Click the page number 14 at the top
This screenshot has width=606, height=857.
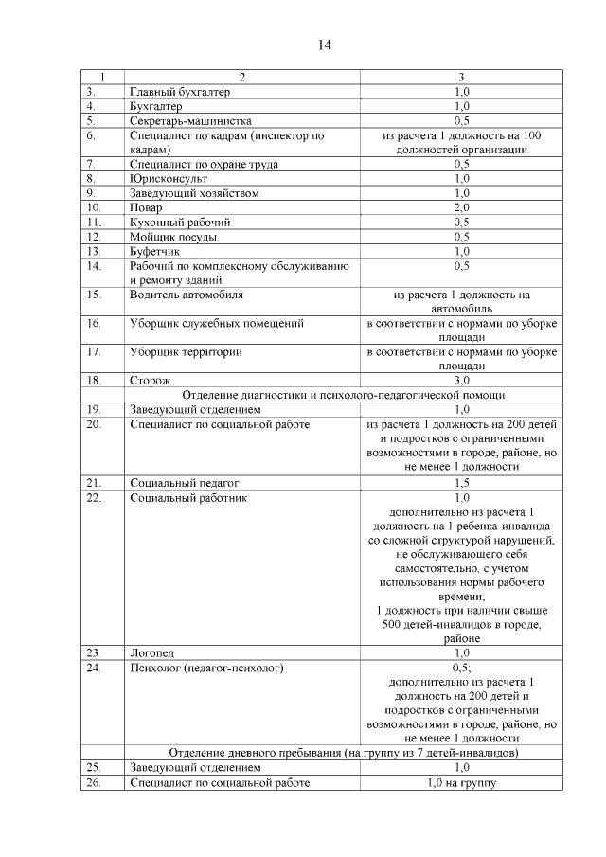coord(324,45)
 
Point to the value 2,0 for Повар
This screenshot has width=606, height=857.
coord(461,207)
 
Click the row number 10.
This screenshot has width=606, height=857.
coord(93,207)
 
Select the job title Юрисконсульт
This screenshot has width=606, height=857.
coord(168,178)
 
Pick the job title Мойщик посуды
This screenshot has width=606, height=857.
coord(172,236)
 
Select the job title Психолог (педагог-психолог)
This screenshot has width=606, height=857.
coord(206,669)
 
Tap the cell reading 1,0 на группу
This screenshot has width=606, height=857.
coord(461,782)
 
